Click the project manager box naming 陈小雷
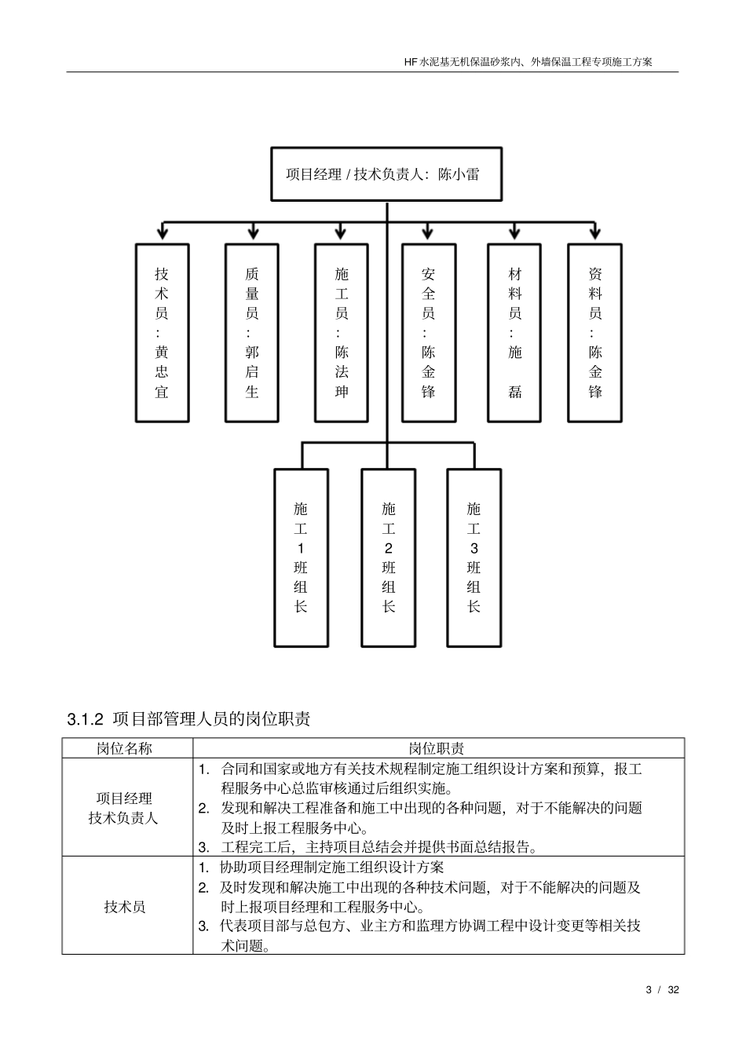tap(386, 174)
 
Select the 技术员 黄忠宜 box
tap(162, 333)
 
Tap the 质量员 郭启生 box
tap(252, 333)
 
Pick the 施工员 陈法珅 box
tap(342, 333)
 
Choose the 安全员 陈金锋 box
tap(428, 333)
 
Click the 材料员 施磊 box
tap(514, 333)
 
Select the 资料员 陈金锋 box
tap(594, 333)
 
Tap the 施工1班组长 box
tap(301, 557)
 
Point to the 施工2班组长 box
tap(388, 557)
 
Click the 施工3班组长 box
tap(474, 557)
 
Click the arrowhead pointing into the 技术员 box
tap(162, 233)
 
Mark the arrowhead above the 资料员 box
tap(594, 233)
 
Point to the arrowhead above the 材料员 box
tap(514, 233)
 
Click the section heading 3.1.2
tap(188, 718)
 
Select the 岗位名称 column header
tap(125, 748)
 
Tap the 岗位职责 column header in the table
tap(437, 748)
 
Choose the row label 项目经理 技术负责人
tap(124, 808)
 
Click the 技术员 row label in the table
tap(125, 907)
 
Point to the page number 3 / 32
tap(662, 989)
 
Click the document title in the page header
tap(528, 60)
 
